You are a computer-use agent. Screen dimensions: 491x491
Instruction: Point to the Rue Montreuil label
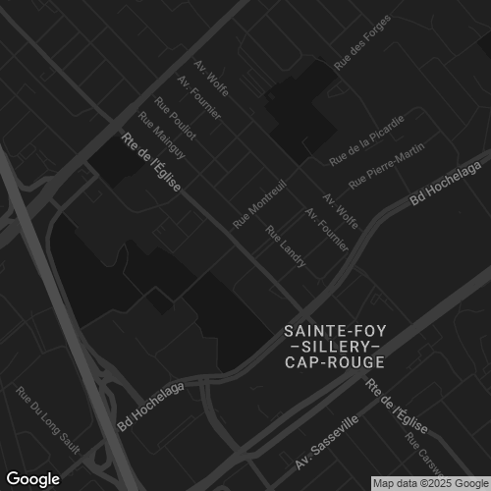[259, 203]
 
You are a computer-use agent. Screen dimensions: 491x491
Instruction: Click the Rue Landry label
[286, 246]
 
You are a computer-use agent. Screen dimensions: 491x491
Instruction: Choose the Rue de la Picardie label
[367, 139]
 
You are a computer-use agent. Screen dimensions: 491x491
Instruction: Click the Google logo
[31, 478]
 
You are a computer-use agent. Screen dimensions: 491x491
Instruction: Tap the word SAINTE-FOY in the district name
[333, 331]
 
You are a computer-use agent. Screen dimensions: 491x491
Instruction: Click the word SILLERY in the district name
[333, 347]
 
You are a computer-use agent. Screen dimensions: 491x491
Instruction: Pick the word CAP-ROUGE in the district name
[333, 362]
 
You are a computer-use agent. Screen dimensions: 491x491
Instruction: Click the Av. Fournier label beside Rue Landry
[327, 229]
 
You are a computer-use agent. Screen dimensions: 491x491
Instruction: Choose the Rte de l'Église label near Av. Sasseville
[396, 407]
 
